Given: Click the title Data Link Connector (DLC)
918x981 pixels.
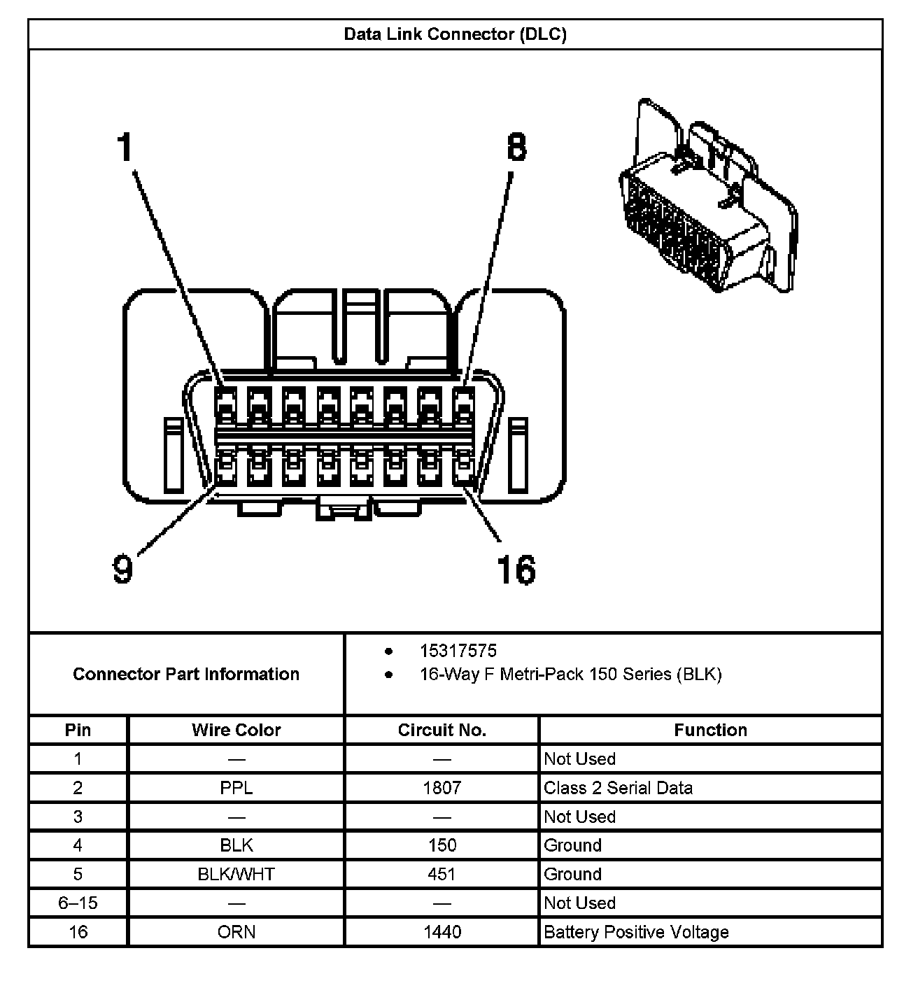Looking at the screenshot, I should click(x=455, y=34).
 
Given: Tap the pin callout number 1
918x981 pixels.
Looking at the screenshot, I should click(x=125, y=148).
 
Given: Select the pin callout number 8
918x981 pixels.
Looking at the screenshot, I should click(x=516, y=148).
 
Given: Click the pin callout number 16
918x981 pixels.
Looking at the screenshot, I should click(x=516, y=570).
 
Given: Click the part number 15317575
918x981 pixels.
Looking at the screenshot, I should click(x=458, y=651).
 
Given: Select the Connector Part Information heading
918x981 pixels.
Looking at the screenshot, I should click(x=186, y=674).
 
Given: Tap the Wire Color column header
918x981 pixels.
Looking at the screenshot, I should click(x=236, y=730).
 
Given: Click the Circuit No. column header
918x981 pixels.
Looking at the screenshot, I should click(x=442, y=730).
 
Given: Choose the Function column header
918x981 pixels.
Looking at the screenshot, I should click(x=710, y=730).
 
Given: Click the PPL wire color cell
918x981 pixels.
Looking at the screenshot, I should click(x=236, y=788).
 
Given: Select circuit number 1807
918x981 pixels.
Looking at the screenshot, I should click(x=442, y=788).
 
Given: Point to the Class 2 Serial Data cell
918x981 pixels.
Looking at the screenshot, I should click(x=619, y=788).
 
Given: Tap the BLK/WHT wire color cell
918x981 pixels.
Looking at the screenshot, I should click(x=236, y=874).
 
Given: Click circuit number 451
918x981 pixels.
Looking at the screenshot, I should click(x=442, y=874).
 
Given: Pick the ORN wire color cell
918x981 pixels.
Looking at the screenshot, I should click(x=236, y=932).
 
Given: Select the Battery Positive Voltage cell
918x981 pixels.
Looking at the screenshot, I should click(x=636, y=932).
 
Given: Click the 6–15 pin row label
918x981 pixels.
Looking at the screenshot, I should click(x=78, y=903).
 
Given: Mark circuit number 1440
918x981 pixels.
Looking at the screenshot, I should click(x=442, y=932).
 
